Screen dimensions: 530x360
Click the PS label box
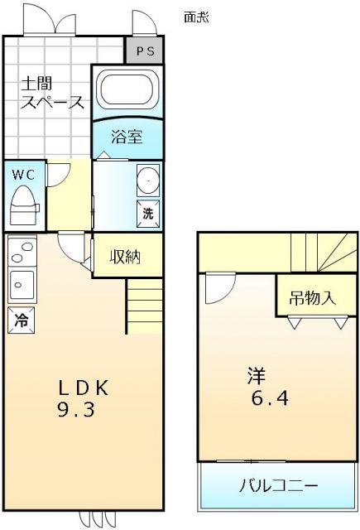tap(145, 51)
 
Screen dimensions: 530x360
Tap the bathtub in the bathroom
tap(126, 89)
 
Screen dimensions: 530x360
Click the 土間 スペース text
tap(51, 94)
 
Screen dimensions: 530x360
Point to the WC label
tap(22, 175)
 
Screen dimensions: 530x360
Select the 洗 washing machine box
tap(147, 212)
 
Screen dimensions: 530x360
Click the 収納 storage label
tap(126, 257)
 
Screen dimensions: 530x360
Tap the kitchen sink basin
tap(22, 285)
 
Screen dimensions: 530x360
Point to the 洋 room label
tap(257, 375)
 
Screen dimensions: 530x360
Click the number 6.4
tap(269, 399)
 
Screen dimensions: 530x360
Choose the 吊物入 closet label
tap(313, 298)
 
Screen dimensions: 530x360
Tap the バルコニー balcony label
tap(278, 485)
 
